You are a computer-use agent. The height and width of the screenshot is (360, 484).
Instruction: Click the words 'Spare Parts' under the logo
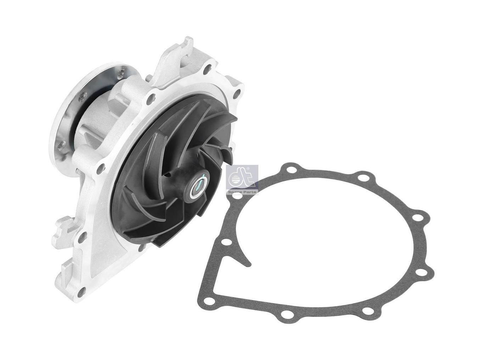pos(242,191)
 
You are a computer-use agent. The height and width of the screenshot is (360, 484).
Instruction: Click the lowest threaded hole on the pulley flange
pos(61,144)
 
